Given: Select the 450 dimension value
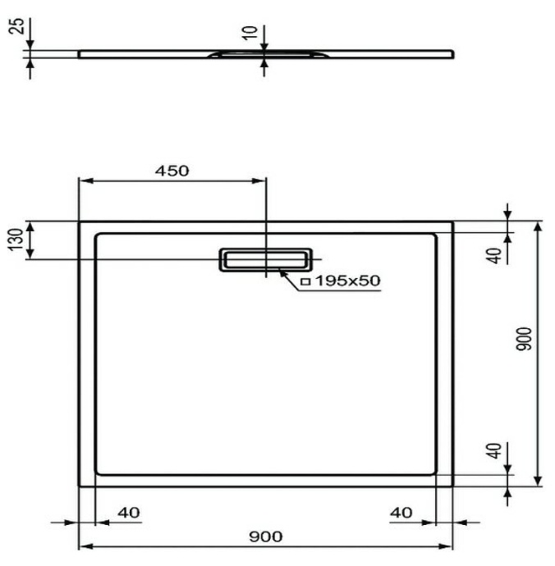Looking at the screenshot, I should (172, 171).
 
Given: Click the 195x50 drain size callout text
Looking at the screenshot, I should (346, 281).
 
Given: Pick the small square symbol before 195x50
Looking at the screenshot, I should (305, 281).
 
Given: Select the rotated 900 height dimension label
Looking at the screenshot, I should (525, 339).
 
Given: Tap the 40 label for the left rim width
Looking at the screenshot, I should (128, 513).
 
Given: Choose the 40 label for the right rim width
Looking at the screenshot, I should (400, 513).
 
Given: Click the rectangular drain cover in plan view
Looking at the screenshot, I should (264, 258).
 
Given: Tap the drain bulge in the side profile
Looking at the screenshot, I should (264, 54).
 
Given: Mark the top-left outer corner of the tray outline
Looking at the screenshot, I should (79, 222).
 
